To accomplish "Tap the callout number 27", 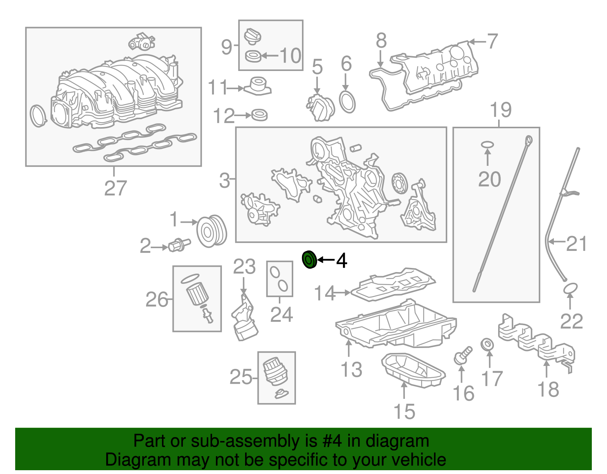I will coord(115,188).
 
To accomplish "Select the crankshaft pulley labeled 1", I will coord(211,231).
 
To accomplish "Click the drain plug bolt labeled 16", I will coord(462,355).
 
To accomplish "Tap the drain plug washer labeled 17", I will coord(487,345).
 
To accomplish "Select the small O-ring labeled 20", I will coord(487,145).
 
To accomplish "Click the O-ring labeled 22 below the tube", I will coord(570,288).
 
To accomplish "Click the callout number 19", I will coord(500,110).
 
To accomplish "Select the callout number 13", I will coord(351,369).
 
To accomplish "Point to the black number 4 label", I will coord(341,260).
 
